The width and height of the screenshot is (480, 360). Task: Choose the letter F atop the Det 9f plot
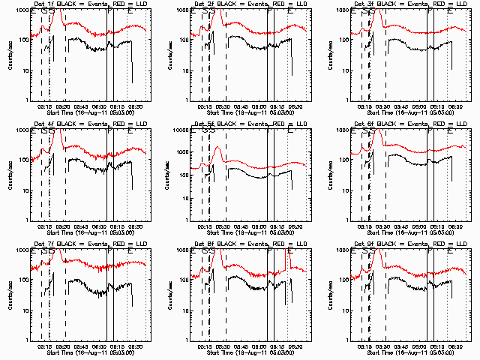(x=430, y=250)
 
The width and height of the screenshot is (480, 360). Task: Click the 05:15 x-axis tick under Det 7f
(x=44, y=346)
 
